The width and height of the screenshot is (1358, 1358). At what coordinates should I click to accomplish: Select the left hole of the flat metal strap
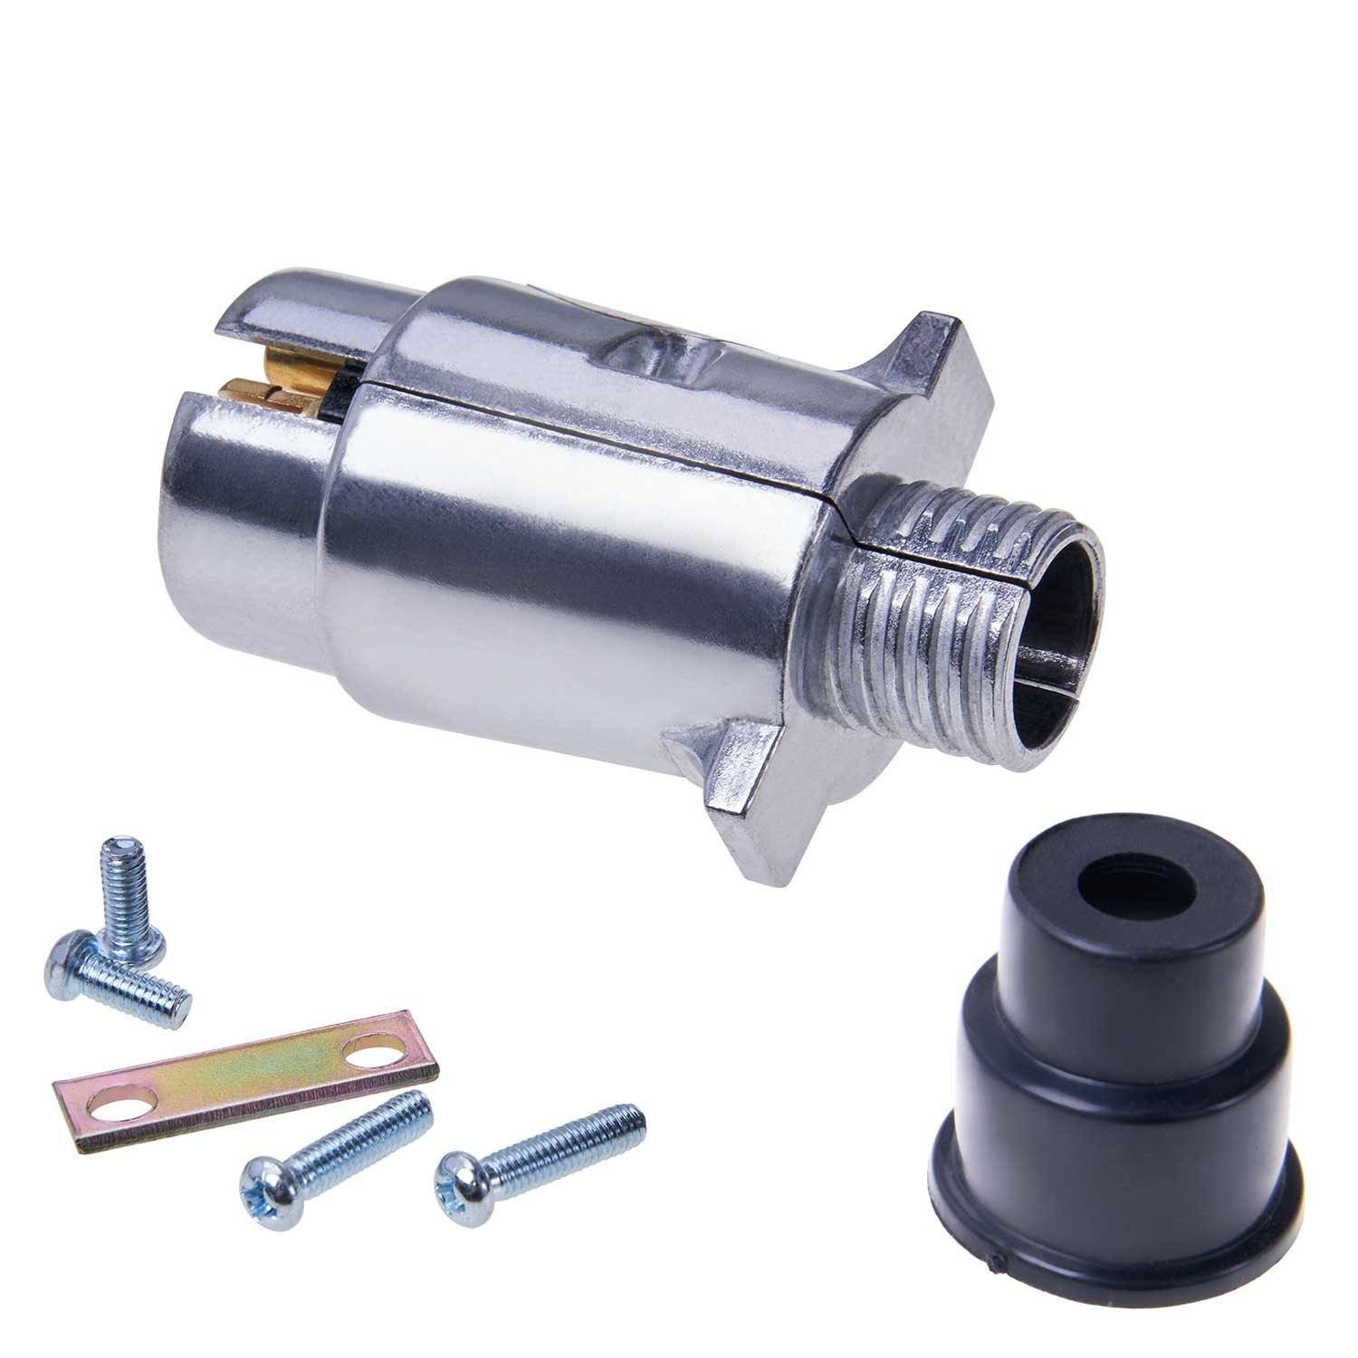tap(112, 1104)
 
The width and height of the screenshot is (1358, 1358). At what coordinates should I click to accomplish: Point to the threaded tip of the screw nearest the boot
tap(634, 1116)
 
